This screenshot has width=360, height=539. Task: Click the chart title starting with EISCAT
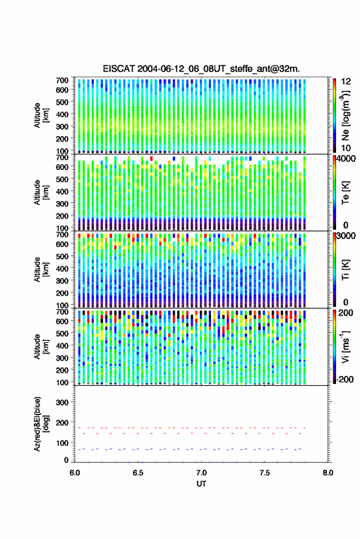201,69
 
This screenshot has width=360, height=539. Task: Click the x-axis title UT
201,484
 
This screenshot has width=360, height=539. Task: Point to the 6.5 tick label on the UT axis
138,473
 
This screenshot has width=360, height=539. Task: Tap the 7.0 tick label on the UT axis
201,473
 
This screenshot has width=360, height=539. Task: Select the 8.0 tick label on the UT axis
327,473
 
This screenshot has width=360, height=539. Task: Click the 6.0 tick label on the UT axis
75,473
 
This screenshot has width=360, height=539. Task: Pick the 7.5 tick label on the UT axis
264,473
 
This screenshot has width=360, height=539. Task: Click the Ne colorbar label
346,115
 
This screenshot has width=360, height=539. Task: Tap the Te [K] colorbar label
346,193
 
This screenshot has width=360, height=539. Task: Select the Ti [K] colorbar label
346,270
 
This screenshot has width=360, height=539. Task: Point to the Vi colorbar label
345,347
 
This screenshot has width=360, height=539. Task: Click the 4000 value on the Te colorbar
346,159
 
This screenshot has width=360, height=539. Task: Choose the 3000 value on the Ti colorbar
346,236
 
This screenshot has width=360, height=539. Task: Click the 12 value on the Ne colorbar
347,82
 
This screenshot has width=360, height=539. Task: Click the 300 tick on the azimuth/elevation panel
62,402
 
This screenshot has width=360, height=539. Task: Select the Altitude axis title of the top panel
41,115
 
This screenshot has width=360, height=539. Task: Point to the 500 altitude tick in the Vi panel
62,334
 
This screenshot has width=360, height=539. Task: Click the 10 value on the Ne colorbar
347,148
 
